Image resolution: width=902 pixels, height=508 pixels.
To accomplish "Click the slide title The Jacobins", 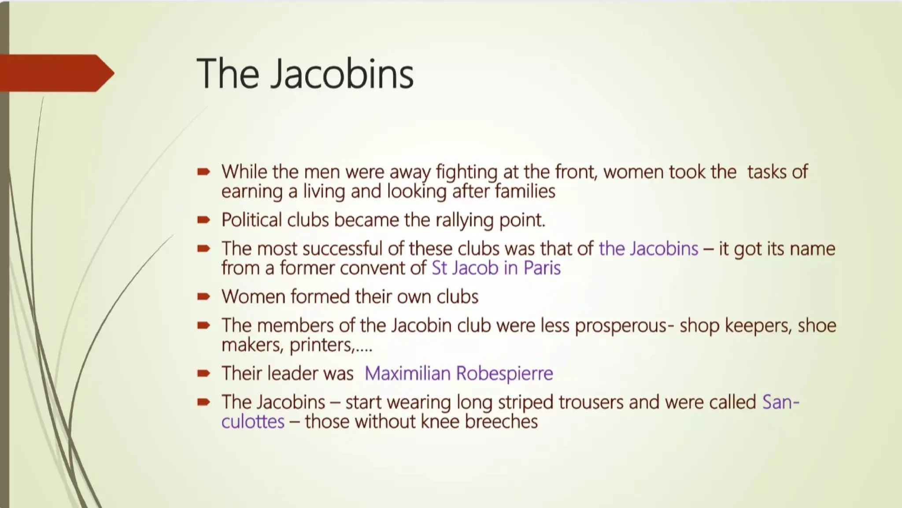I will point(305,73).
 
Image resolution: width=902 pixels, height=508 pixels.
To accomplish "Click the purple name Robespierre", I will point(504,374).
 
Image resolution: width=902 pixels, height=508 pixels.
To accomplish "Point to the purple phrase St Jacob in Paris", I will point(496,268).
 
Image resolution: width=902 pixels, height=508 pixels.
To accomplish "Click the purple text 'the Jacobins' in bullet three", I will point(648,249).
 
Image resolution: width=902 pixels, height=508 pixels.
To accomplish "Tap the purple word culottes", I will point(253,422).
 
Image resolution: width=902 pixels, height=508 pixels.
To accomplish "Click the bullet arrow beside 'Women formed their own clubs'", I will point(203,297).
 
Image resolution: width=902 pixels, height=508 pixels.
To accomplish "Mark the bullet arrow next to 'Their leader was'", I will point(203,374).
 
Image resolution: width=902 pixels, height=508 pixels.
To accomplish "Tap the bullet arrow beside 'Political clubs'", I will point(203,220).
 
